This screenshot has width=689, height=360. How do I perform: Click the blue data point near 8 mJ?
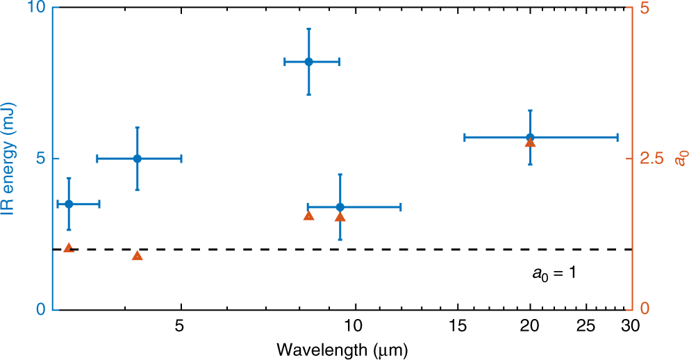point(309,62)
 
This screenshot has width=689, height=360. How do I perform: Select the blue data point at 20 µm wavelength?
point(530,138)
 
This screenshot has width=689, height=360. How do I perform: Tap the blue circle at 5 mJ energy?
point(138,158)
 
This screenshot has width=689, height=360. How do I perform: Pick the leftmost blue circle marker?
point(69,204)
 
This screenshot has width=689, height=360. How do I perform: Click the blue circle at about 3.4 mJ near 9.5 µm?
point(340,207)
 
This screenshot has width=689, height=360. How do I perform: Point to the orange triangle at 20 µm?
point(530,142)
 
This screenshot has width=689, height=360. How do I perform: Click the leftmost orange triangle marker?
point(68,248)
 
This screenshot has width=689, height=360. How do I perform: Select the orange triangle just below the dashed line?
point(137,256)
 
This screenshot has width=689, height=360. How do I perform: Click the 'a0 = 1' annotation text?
point(554,273)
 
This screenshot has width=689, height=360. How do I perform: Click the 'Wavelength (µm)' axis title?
point(342,349)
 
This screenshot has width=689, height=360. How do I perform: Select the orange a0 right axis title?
point(681,158)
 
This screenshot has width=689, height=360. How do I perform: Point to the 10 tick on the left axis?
point(38,8)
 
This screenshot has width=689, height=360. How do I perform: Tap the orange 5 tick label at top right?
point(645,8)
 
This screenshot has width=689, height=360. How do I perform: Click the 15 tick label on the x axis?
point(457,325)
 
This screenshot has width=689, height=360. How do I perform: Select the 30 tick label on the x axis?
point(629,325)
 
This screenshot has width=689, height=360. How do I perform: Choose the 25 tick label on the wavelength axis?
point(587,325)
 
